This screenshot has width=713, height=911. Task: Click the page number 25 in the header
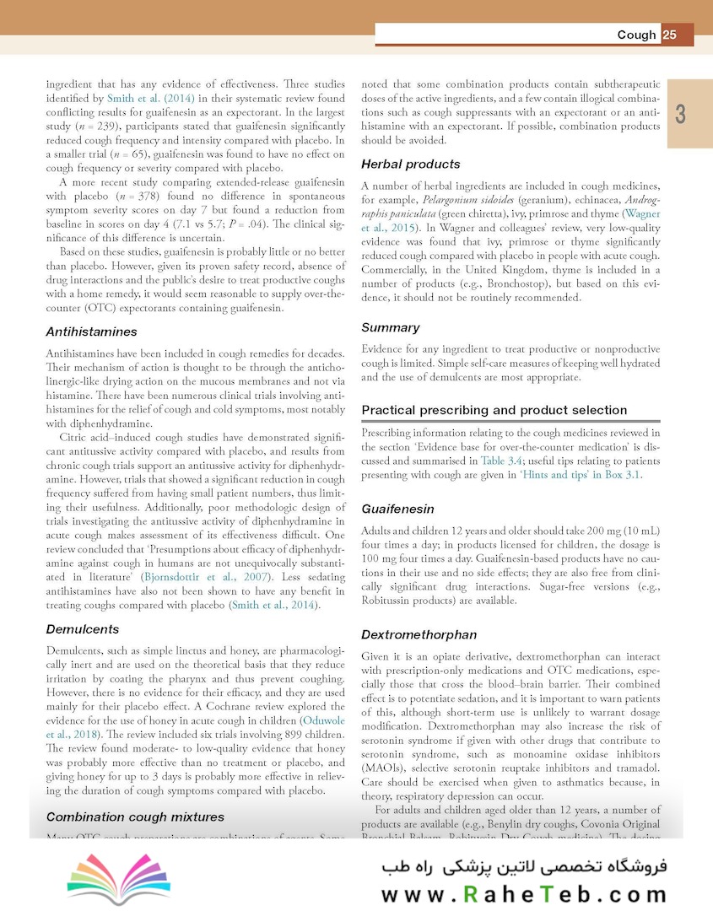pyautogui.click(x=670, y=35)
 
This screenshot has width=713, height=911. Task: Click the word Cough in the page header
pyautogui.click(x=636, y=35)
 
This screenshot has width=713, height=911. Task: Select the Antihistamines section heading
pyautogui.click(x=90, y=332)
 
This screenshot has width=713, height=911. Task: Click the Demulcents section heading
pyautogui.click(x=82, y=629)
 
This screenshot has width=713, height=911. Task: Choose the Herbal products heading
pyautogui.click(x=410, y=164)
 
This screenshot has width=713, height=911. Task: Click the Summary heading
pyautogui.click(x=390, y=326)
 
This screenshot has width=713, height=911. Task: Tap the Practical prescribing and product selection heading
pyautogui.click(x=494, y=410)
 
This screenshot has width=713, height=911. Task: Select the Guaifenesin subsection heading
pyautogui.click(x=397, y=509)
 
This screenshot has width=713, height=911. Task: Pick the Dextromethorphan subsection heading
pyautogui.click(x=419, y=634)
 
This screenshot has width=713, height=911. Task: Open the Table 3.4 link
pyautogui.click(x=502, y=461)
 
